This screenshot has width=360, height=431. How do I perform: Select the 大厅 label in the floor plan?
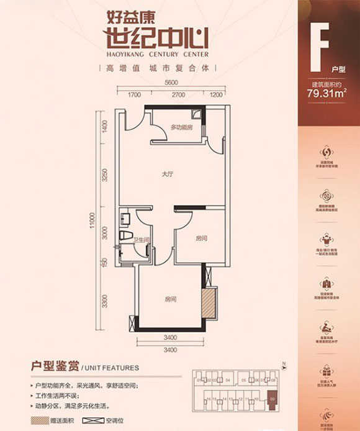[166, 175]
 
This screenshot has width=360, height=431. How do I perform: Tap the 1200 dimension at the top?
[215, 95]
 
